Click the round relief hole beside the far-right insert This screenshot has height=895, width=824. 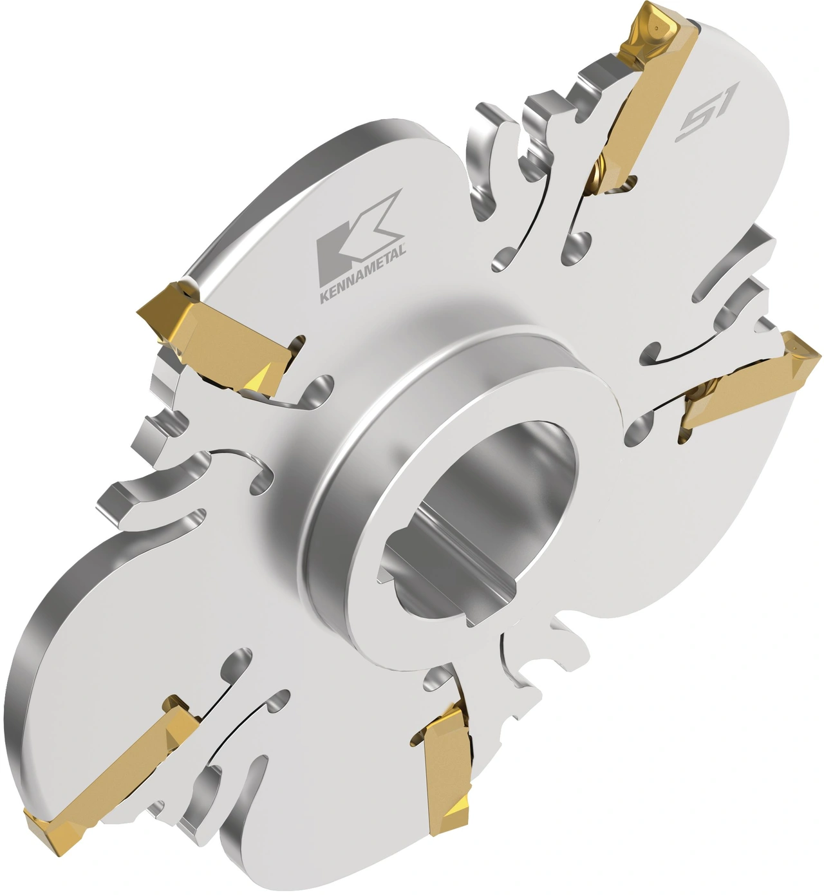(x=637, y=428)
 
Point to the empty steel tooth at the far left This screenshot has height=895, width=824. (x=116, y=502)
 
